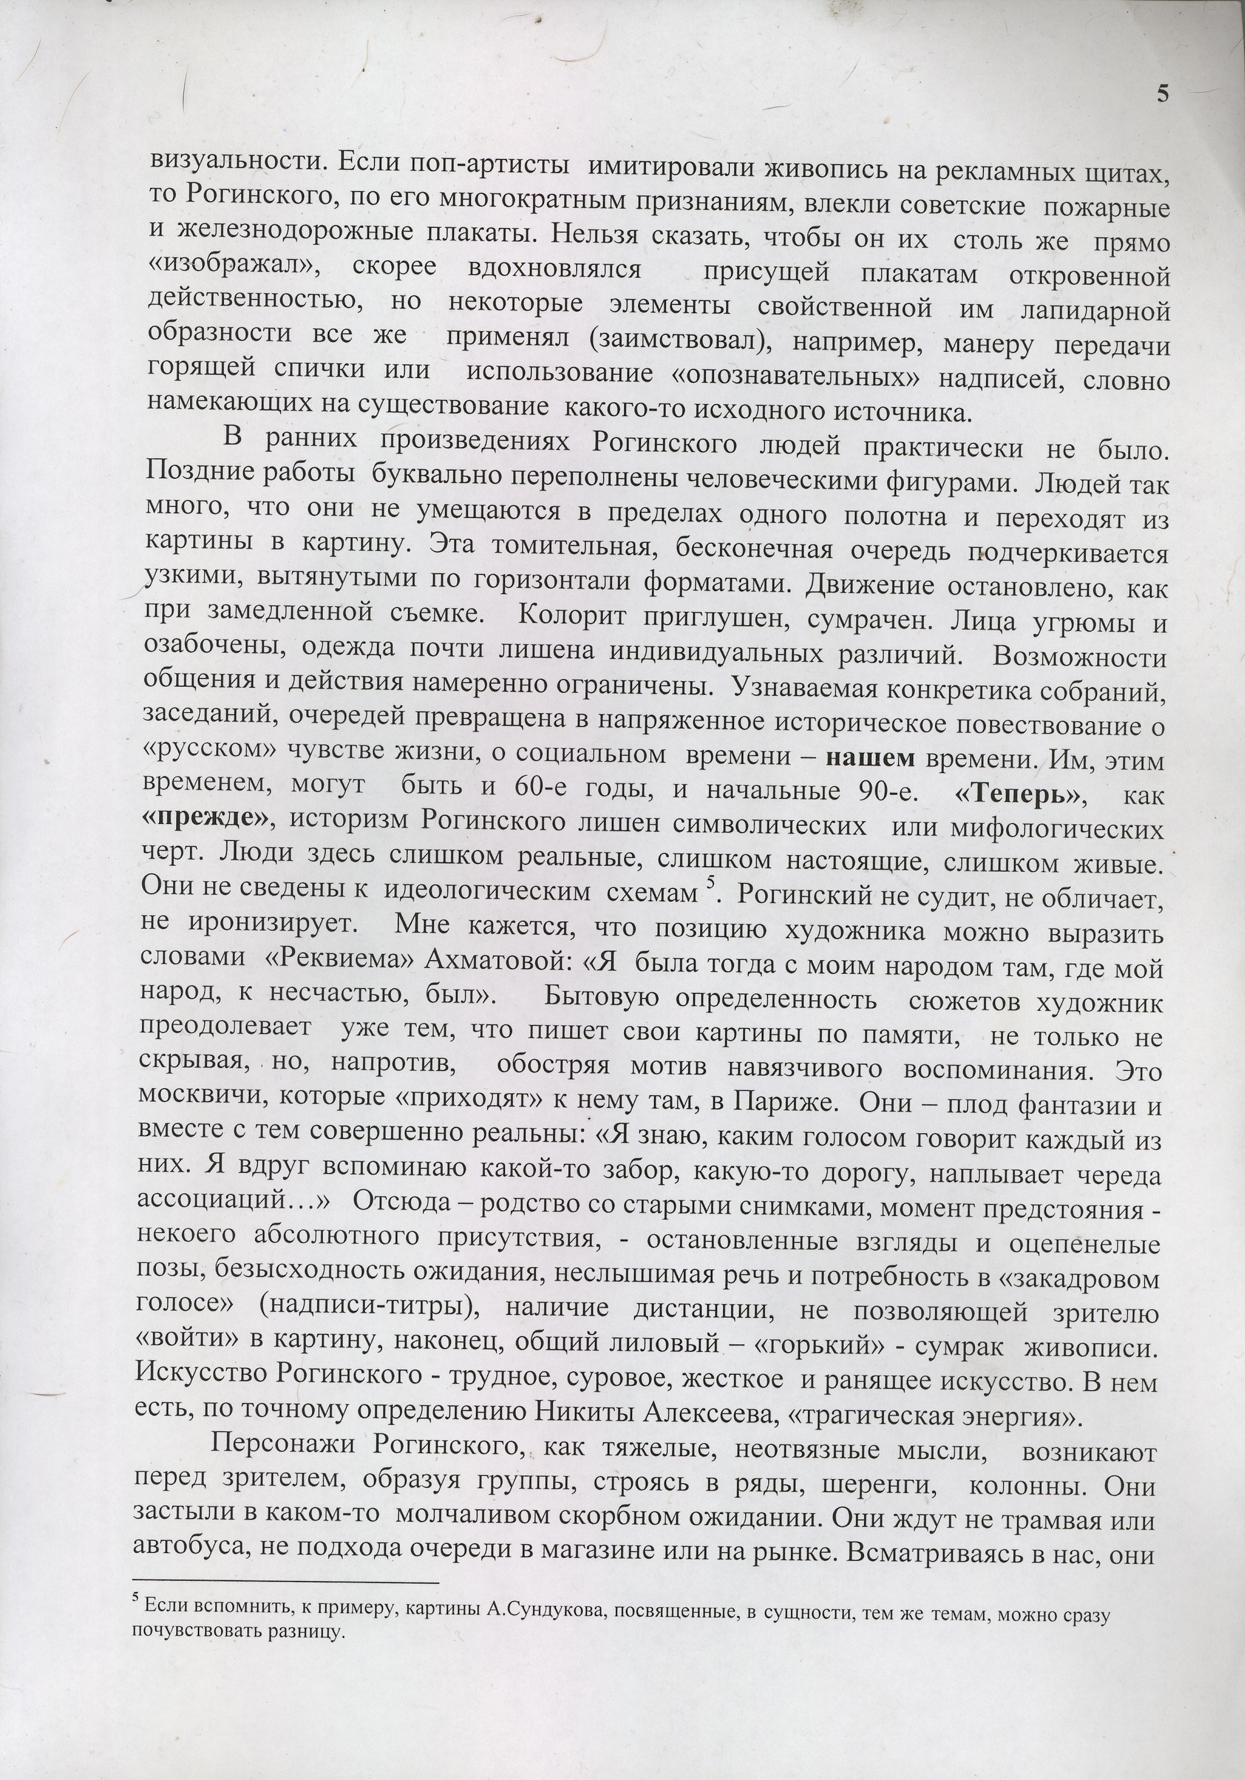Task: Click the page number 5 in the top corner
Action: pyautogui.click(x=1162, y=94)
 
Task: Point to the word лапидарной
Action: pyautogui.click(x=1095, y=311)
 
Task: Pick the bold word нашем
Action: pyautogui.click(x=870, y=758)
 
